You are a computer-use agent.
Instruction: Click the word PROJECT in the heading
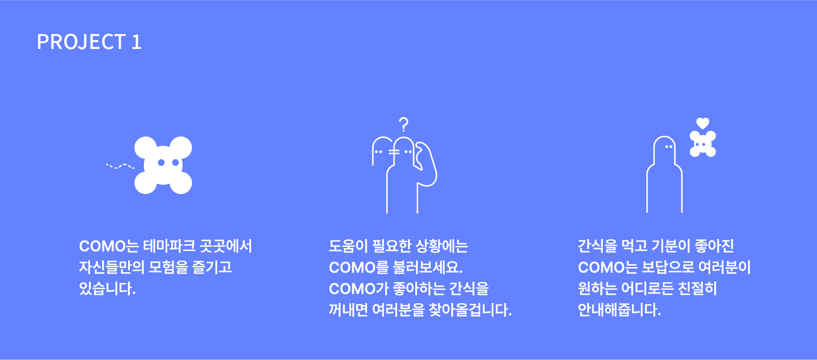[81, 42]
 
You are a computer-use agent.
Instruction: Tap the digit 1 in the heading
[137, 42]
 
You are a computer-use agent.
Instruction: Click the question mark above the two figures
[404, 124]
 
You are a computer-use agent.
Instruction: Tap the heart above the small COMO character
[703, 123]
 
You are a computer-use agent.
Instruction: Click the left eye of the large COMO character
[161, 163]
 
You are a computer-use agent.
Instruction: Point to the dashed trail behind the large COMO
[120, 166]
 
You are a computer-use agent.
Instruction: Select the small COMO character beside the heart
[703, 144]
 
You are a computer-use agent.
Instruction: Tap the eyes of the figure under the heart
[668, 147]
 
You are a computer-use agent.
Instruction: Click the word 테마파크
[169, 246]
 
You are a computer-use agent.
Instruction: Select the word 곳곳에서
[226, 246]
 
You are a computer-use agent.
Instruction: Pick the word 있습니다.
[107, 289]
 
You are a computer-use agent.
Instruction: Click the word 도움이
[348, 246]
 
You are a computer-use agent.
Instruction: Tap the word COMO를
[359, 267]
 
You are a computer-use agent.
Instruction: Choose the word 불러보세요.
[428, 267]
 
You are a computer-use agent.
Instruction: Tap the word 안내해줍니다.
[619, 310]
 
